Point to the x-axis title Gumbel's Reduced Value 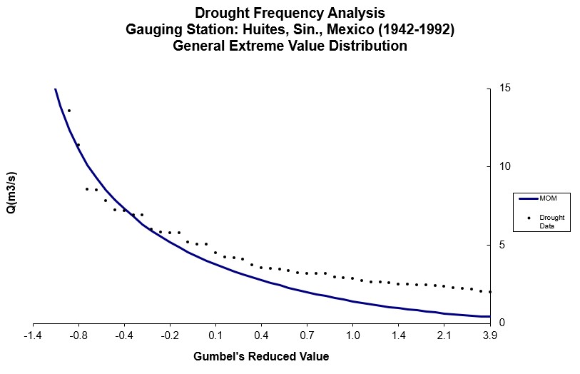(261, 356)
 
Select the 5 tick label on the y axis (502, 245)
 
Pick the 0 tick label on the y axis (502, 323)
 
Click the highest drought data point (69, 111)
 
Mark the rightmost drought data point (489, 292)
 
